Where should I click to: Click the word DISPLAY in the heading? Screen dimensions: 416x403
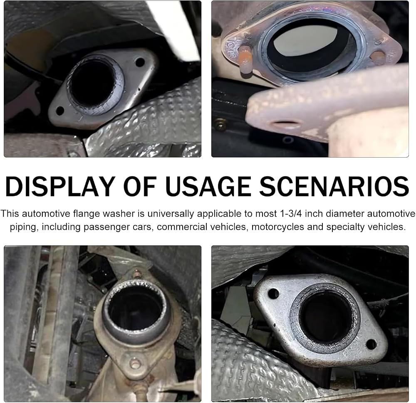tap(60, 186)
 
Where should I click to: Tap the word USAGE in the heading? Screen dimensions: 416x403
tap(208, 186)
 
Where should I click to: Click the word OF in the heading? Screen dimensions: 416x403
tap(140, 186)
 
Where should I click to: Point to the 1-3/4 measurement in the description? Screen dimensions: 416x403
tap(291, 214)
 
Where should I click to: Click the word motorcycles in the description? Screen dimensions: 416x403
tap(277, 227)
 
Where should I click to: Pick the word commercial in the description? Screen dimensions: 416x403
tap(178, 227)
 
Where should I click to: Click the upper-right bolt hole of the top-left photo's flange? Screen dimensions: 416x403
tap(140, 62)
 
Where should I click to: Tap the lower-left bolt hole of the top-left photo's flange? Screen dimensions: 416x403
tap(60, 111)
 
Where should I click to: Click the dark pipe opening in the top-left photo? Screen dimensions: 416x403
tap(93, 84)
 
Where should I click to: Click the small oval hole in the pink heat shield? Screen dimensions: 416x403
tap(285, 124)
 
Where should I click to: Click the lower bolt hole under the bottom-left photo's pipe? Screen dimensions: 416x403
tap(135, 363)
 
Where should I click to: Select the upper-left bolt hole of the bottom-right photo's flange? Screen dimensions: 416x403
tap(274, 294)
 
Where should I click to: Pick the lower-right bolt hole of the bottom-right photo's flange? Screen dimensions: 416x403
tap(371, 344)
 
